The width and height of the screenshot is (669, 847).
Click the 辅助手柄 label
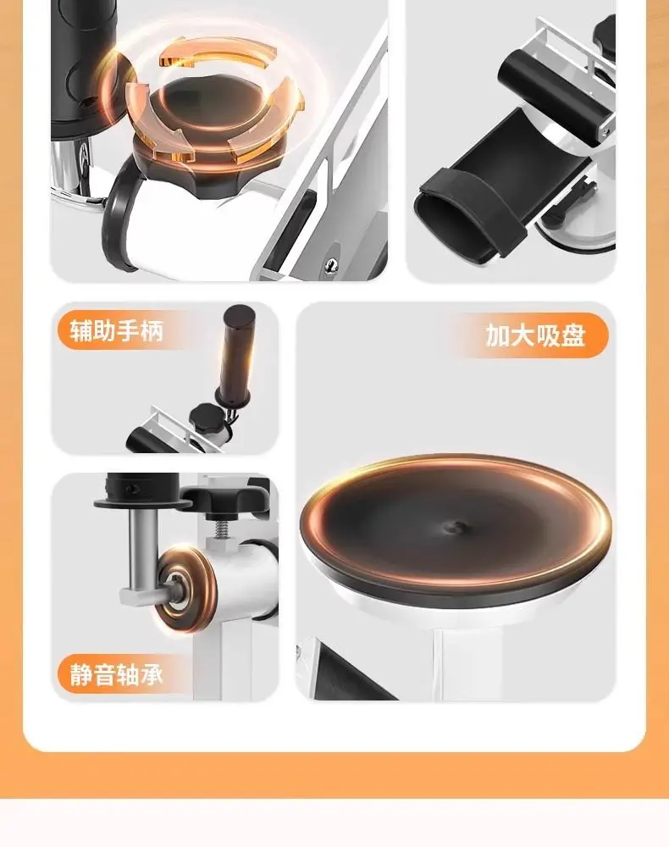tap(117, 330)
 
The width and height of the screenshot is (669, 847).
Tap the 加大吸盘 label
tap(535, 335)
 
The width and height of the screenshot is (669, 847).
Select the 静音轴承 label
tap(117, 674)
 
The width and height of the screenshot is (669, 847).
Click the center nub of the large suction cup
tap(456, 527)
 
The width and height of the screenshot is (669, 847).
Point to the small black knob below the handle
tap(207, 418)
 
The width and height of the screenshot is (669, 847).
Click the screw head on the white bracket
tap(331, 264)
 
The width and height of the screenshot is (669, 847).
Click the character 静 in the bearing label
tap(81, 674)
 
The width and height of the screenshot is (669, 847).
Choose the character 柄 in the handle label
tap(152, 330)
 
